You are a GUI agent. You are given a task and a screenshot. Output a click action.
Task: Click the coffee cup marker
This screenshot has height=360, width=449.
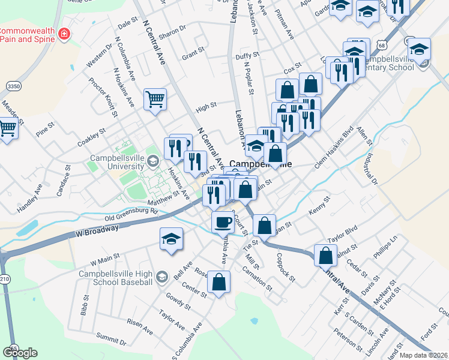coord(223,223)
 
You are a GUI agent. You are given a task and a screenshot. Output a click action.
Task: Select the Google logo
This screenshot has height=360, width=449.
coord(19,353)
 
